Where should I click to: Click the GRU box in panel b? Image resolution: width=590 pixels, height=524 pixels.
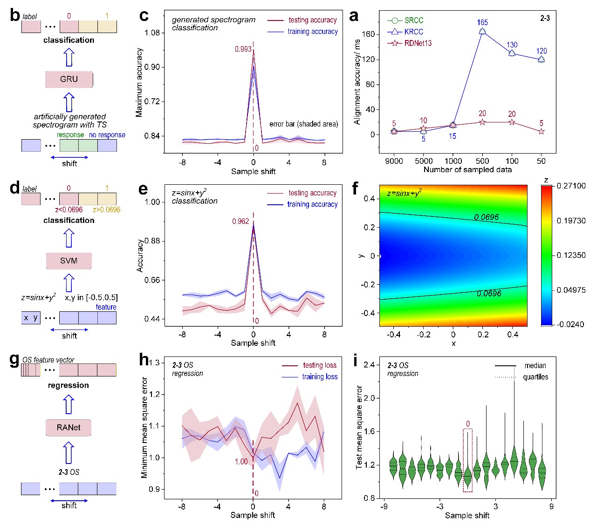point(69,79)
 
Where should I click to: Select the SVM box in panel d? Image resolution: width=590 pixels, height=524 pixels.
point(69,261)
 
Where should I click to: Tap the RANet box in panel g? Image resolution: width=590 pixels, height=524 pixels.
point(69,427)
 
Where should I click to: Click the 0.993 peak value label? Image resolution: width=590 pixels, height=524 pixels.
point(243,49)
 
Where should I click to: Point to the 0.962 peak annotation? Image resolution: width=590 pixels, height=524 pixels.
point(240,221)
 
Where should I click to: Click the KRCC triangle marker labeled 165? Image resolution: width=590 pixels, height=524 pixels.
point(482,31)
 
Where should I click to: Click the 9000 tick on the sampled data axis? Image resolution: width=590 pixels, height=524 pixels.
point(394,161)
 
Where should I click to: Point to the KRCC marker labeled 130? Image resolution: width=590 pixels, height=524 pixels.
point(512,53)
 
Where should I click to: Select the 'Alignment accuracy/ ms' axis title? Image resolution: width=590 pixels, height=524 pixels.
point(357,82)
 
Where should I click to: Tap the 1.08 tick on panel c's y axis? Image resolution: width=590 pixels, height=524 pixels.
point(152,33)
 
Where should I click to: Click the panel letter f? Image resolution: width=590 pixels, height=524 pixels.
point(355,188)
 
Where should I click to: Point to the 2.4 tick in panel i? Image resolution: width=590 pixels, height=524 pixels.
point(369,365)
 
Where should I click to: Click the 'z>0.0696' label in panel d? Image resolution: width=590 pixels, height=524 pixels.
point(106,210)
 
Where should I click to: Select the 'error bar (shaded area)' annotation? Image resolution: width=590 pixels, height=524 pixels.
point(303,124)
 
